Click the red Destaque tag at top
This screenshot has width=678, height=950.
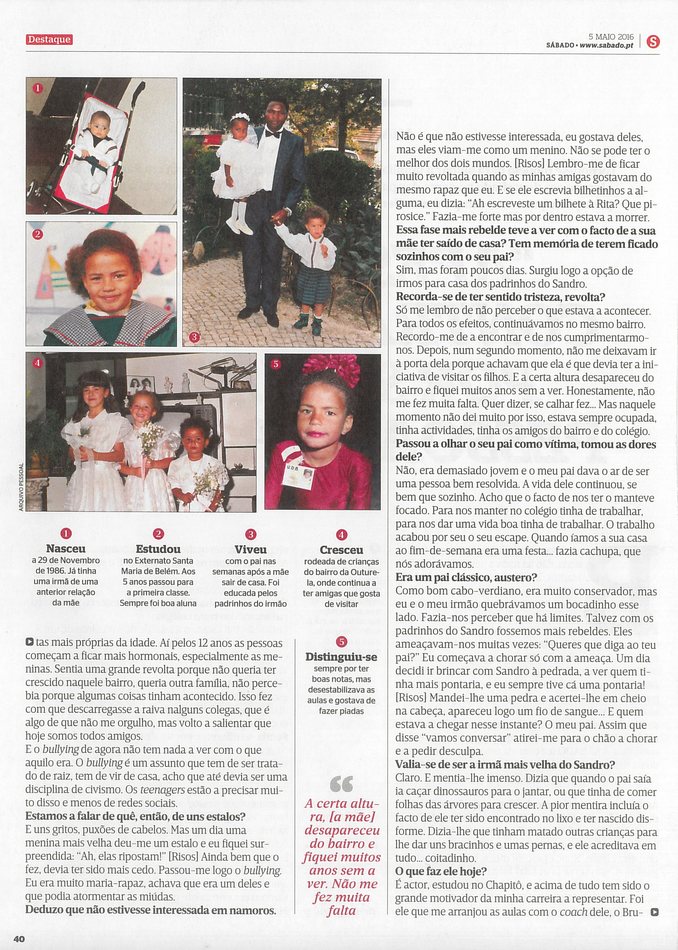(49, 40)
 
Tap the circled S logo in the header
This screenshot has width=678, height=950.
(652, 41)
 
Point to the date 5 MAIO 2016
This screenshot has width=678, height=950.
(611, 35)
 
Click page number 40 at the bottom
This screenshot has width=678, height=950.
(19, 937)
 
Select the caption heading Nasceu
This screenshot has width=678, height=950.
(66, 549)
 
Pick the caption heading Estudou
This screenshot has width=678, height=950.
(157, 549)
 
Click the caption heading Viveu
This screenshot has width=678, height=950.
(250, 549)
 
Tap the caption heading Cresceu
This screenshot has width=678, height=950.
(341, 549)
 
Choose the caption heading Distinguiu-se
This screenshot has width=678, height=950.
(341, 656)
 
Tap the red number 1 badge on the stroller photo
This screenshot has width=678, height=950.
(37, 89)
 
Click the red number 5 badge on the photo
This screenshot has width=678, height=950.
(276, 364)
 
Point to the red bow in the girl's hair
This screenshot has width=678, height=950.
(332, 368)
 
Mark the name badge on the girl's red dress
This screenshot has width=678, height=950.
(297, 474)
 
